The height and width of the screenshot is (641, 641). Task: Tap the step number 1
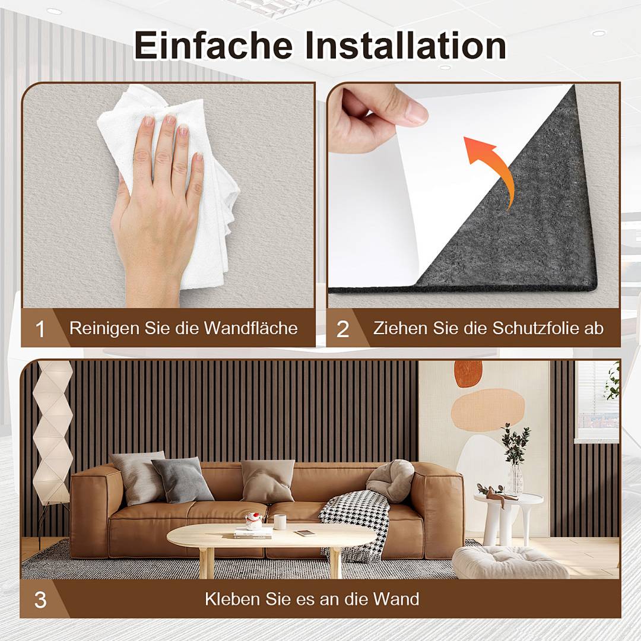click(x=40, y=329)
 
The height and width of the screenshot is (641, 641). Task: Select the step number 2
click(x=342, y=329)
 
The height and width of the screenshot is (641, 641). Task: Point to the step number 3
click(x=40, y=599)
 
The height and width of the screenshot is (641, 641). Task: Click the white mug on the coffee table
click(x=280, y=522)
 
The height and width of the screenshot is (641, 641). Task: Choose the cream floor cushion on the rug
click(x=509, y=562)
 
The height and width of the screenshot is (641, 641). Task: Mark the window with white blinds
click(x=596, y=401)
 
